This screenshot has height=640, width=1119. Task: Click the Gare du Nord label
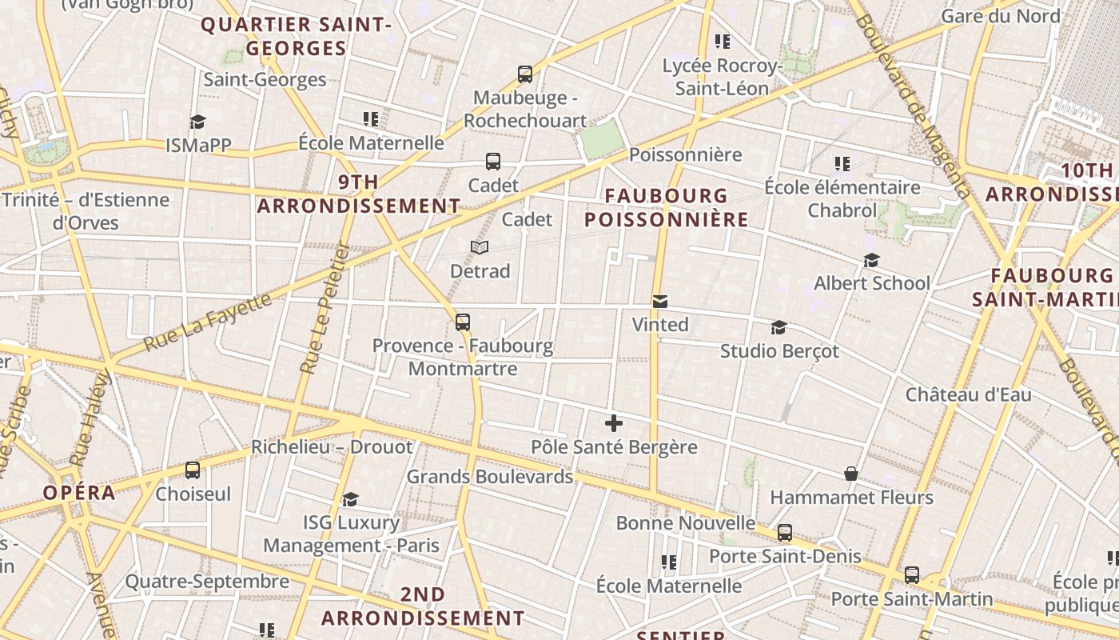pos(1000,16)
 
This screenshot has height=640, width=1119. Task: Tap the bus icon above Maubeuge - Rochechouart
pos(525,74)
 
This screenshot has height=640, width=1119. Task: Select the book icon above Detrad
pos(480,248)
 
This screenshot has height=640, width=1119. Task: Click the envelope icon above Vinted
pos(660,302)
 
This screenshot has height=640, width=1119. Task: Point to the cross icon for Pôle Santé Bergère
pos(614,423)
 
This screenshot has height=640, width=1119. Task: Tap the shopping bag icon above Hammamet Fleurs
pos(851,474)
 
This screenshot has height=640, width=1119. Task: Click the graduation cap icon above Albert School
pos(871,261)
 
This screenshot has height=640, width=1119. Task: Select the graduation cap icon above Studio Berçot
pos(779,327)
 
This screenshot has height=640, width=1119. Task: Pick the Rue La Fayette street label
pos(207,323)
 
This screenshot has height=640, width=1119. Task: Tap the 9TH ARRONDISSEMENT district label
pos(358,194)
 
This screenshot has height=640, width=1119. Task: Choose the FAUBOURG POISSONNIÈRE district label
pos(666,207)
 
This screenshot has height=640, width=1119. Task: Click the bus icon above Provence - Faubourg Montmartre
pos(463,322)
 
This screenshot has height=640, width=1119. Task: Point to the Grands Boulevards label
pos(490,477)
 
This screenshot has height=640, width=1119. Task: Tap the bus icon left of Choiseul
pos(193,470)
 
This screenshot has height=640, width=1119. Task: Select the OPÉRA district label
pos(79,493)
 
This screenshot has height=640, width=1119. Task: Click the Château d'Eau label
pos(968,394)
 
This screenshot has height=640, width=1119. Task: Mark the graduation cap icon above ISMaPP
pos(197,122)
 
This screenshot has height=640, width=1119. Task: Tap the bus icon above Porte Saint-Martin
pos(912,575)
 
